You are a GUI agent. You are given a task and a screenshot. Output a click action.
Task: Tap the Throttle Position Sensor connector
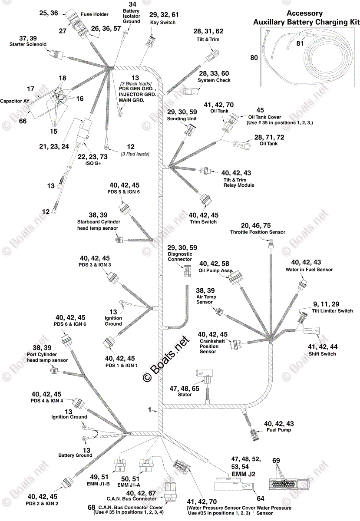[x=271, y=246]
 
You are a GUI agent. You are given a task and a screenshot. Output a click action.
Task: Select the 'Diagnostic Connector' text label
[x=180, y=256]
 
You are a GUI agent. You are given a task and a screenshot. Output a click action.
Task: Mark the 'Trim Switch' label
[x=203, y=222]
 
